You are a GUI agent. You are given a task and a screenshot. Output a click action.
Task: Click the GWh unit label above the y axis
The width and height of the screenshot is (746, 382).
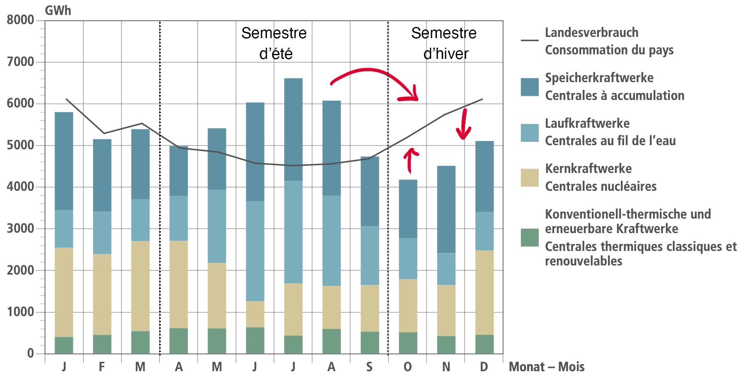[x=58, y=10]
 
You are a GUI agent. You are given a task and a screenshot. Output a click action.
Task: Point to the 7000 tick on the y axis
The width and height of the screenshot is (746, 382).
[x=20, y=62]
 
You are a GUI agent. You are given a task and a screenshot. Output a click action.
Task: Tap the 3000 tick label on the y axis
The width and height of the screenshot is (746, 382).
[x=20, y=229]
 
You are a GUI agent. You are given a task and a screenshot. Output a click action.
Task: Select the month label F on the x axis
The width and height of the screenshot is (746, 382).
[x=102, y=367]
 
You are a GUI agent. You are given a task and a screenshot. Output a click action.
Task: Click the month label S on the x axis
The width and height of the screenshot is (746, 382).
[x=369, y=367]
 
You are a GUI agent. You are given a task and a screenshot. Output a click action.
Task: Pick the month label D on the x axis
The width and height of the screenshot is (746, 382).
[x=484, y=367]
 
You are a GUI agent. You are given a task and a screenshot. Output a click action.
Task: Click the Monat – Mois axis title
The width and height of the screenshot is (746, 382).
[x=547, y=367]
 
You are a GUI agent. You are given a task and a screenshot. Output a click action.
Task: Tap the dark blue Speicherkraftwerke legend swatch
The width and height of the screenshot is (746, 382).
[x=530, y=87]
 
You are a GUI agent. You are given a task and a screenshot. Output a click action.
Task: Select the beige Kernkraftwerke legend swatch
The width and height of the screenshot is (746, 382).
[x=530, y=178]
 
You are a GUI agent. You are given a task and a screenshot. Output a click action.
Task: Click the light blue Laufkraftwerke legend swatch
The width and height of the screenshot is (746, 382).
[x=530, y=133]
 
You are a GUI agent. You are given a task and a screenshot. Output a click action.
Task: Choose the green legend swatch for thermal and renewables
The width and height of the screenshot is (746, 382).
[x=530, y=238]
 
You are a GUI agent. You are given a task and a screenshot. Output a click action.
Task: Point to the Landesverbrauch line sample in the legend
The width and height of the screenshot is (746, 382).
[x=530, y=41]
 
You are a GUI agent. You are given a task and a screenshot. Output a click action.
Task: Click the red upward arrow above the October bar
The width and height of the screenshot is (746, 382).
[x=410, y=160]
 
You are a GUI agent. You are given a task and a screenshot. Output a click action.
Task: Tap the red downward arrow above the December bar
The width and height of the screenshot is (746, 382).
[x=464, y=124]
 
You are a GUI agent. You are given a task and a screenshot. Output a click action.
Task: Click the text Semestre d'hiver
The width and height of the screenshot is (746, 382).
[x=444, y=43]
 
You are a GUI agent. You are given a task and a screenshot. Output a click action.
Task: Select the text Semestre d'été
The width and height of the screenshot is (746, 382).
[x=274, y=43]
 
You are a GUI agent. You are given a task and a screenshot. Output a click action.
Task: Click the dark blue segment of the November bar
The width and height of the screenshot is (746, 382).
[x=446, y=209]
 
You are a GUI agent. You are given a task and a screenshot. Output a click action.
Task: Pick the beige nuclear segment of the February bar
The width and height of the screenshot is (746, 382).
[x=102, y=294]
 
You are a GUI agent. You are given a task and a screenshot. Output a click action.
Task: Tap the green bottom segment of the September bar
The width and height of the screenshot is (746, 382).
[x=370, y=343]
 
